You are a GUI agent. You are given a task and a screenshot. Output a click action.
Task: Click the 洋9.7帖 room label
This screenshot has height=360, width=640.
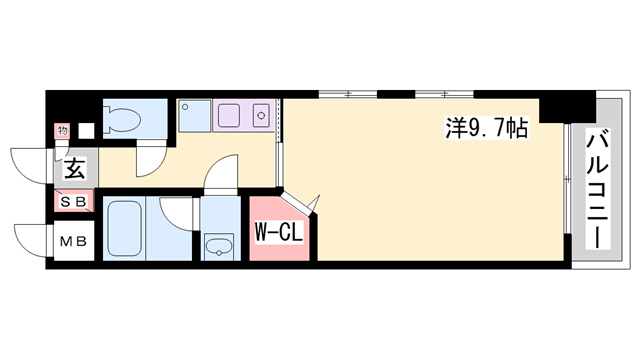point(487,128)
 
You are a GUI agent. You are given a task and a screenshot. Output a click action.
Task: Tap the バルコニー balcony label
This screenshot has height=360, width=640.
point(598,188)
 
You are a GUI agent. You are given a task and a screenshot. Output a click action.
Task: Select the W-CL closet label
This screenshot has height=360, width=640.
point(279,233)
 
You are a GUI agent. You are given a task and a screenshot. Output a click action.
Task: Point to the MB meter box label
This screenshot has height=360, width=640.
point(74,242)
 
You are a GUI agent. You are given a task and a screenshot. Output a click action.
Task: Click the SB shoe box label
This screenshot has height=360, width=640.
point(74,201)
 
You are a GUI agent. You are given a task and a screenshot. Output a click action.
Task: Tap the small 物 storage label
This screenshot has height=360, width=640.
point(62,131)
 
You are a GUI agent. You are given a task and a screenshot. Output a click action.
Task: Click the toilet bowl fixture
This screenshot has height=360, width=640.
point(121,119)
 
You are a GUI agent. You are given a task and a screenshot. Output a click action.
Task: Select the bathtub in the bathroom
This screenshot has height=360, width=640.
point(124,229)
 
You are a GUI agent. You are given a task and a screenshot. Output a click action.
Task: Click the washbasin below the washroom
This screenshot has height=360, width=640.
point(219,247)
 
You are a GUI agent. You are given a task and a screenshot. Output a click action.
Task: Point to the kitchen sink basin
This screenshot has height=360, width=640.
point(229,116)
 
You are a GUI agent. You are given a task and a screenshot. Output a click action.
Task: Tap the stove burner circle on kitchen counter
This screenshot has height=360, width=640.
point(261,116)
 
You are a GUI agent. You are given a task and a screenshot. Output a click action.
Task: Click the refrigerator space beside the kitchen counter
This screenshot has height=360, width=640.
point(195,116)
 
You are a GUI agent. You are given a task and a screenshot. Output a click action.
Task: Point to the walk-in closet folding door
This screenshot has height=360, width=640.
point(300,203)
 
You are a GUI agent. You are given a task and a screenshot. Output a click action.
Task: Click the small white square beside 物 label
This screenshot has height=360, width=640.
point(86,131)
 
